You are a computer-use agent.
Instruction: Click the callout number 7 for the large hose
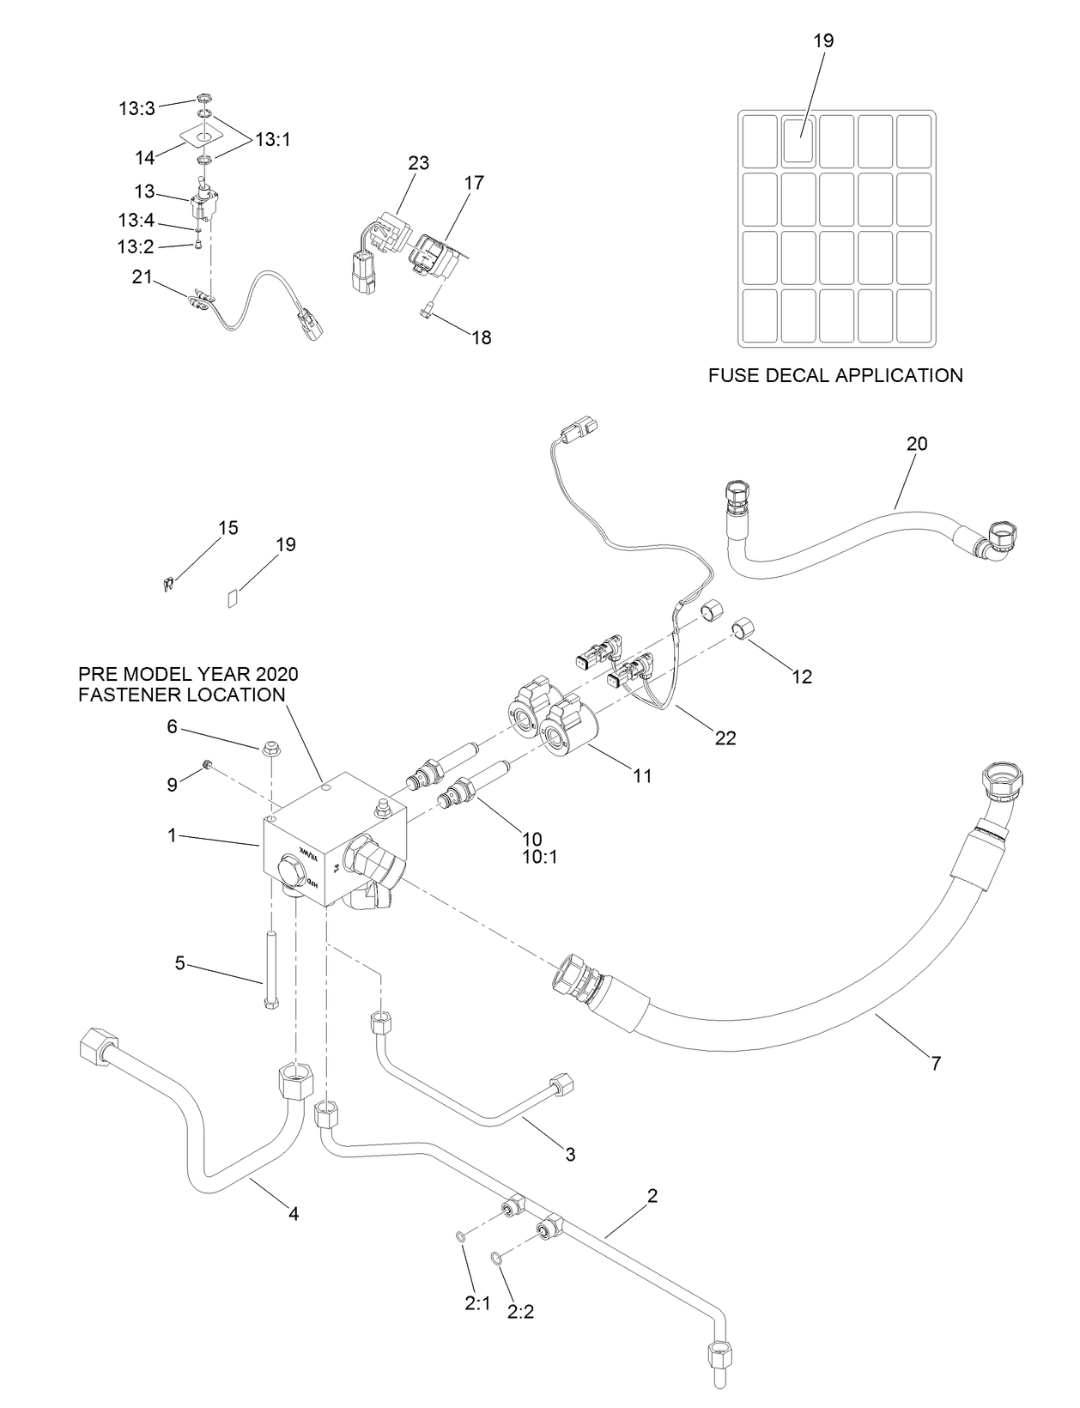pos(936,1063)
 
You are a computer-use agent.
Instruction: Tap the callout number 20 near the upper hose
pos(917,444)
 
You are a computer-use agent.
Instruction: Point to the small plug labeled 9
pos(207,763)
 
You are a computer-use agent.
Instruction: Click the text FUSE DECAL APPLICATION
pos(835,375)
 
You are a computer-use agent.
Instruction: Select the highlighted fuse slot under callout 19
pos(800,139)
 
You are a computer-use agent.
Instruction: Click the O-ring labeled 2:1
pos(461,1236)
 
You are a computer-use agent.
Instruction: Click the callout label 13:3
pos(137,108)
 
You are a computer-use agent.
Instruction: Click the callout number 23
pos(419,162)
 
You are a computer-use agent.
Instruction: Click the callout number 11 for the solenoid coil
pos(642,776)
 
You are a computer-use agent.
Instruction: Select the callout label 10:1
pos(539,857)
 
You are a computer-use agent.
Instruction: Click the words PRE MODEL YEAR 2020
pos(188,674)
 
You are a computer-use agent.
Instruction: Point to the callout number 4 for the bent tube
pos(294,1214)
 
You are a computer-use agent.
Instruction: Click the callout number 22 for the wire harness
pos(725,737)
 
